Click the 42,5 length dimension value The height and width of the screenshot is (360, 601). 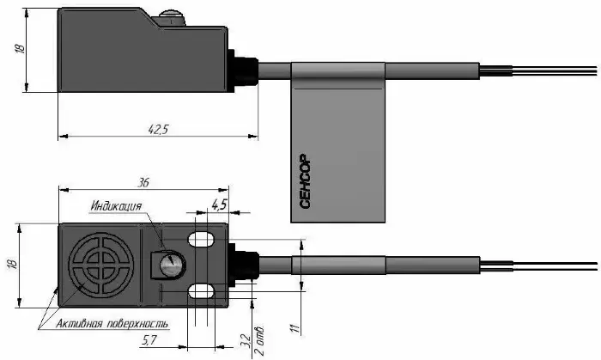pyautogui.click(x=158, y=129)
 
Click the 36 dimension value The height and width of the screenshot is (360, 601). pyautogui.click(x=143, y=182)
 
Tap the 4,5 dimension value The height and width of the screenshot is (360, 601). pyautogui.click(x=218, y=205)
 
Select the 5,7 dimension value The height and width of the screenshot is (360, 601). pyautogui.click(x=149, y=339)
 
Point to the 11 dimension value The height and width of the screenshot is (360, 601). pyautogui.click(x=294, y=328)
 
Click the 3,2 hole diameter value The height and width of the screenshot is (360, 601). pyautogui.click(x=246, y=341)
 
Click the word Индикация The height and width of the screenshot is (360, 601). pyautogui.click(x=116, y=206)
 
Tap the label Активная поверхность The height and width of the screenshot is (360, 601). pyautogui.click(x=112, y=324)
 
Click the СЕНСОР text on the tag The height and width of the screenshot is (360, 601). pyautogui.click(x=306, y=181)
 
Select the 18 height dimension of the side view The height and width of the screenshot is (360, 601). pyautogui.click(x=20, y=49)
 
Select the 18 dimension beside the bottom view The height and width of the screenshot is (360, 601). pyautogui.click(x=13, y=264)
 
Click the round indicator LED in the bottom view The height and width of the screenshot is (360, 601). pyautogui.click(x=169, y=264)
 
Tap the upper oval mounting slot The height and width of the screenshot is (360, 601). pyautogui.click(x=201, y=239)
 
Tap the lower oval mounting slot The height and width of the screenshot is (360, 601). pyautogui.click(x=201, y=290)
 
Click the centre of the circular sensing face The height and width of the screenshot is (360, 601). pyautogui.click(x=101, y=265)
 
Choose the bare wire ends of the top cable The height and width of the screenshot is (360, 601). pyautogui.click(x=538, y=71)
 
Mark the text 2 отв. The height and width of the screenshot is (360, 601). pyautogui.click(x=259, y=341)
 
